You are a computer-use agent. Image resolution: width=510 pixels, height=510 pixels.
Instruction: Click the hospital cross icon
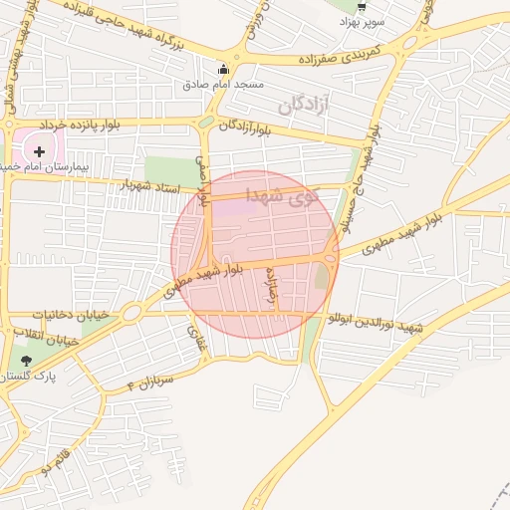40,151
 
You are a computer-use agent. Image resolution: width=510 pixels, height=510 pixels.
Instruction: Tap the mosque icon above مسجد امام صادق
223,70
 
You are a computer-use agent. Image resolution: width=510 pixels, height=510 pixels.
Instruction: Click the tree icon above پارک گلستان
26,361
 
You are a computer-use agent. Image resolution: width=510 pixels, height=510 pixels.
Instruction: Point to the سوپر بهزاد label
361,21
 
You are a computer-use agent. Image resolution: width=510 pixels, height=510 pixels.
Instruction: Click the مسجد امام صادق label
223,85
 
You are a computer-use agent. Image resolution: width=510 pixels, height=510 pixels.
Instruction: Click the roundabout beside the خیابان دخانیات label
132,312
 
